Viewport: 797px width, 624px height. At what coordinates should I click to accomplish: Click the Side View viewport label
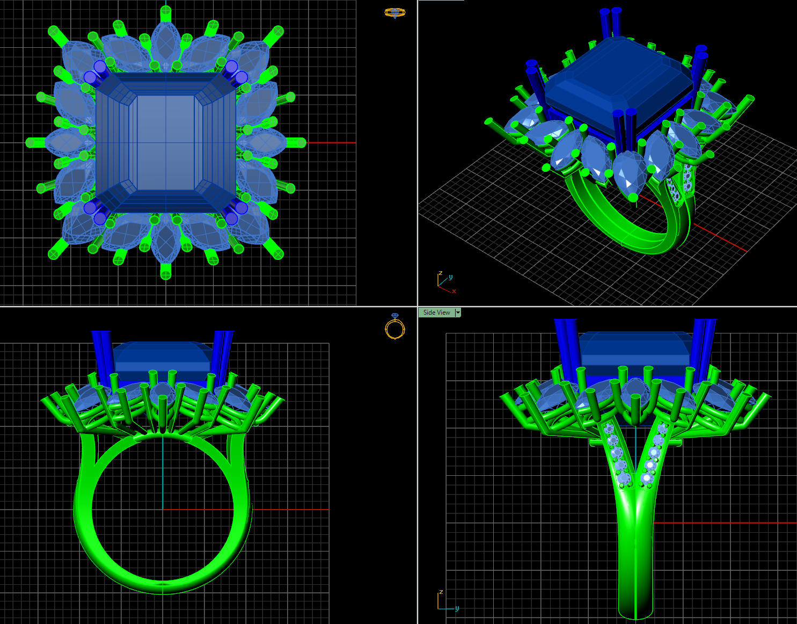[436, 313]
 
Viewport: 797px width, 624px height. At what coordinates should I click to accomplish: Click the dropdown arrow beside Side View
[458, 313]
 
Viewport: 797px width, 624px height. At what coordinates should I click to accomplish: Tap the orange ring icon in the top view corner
[394, 12]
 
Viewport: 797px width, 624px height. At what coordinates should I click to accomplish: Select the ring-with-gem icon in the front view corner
[394, 326]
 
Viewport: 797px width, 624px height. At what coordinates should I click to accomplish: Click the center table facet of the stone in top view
[165, 142]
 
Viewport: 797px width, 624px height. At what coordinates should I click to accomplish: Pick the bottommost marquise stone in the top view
[165, 242]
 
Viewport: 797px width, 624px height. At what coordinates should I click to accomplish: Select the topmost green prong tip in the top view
[166, 11]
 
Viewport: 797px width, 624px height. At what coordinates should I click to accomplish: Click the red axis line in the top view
[333, 143]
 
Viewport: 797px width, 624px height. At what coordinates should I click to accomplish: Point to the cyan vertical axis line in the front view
[163, 473]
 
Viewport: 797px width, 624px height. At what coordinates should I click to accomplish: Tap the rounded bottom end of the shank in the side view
[636, 612]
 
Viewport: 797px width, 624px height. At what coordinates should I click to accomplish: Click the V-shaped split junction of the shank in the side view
[636, 487]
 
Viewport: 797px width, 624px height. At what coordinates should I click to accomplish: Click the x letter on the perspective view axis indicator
[454, 291]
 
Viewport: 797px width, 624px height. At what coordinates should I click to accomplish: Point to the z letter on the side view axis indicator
[441, 592]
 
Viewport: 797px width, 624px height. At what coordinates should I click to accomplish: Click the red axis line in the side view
[725, 523]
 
